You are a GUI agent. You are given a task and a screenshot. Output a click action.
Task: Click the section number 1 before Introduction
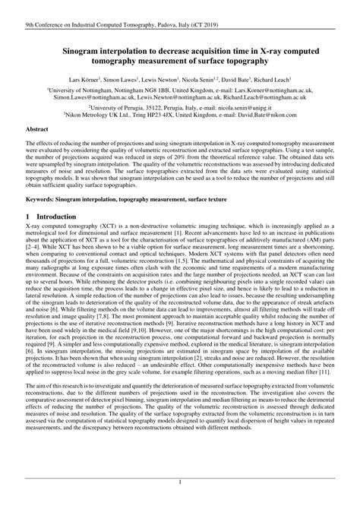click(x=28, y=217)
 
